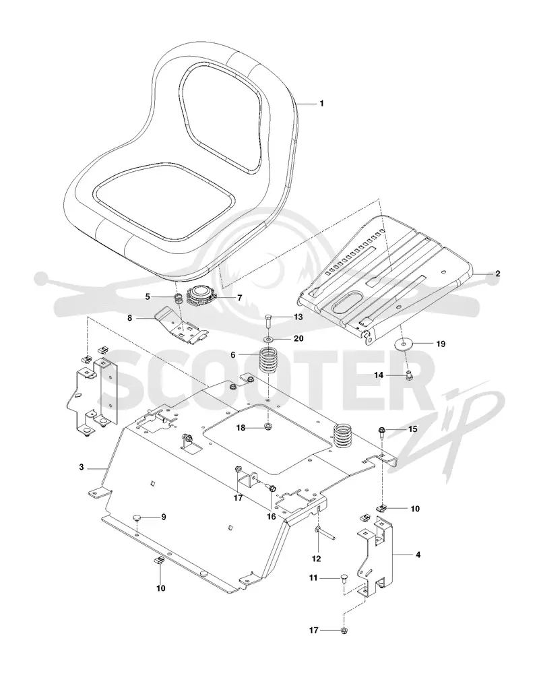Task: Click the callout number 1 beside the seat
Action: (322, 103)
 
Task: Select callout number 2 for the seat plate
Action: (498, 274)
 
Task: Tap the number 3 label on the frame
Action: (82, 467)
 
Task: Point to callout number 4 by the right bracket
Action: (418, 555)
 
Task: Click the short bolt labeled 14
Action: (408, 375)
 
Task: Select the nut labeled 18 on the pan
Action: (267, 427)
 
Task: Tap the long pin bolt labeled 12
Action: (326, 533)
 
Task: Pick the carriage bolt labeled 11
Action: (344, 580)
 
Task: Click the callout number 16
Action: (271, 516)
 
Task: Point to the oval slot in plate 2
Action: (344, 303)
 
